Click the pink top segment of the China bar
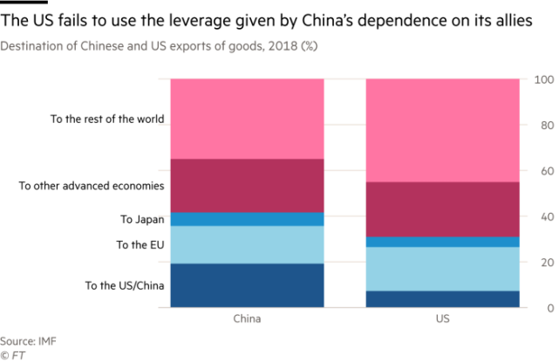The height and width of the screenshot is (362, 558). point(247,119)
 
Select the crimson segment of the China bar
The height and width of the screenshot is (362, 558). point(247,185)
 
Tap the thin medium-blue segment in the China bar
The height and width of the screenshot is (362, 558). point(247,219)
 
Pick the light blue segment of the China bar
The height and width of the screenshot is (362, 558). point(247,244)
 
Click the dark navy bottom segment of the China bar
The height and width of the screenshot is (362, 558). point(247,285)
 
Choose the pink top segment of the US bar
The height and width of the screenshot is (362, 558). point(443,130)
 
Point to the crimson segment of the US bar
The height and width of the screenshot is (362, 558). point(443,209)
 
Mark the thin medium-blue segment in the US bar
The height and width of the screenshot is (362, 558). point(443,242)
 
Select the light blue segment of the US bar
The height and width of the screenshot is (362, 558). point(443,269)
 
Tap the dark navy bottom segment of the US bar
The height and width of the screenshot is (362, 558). point(443,299)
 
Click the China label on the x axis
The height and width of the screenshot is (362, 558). point(247,319)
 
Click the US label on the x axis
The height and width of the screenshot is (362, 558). point(443,319)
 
